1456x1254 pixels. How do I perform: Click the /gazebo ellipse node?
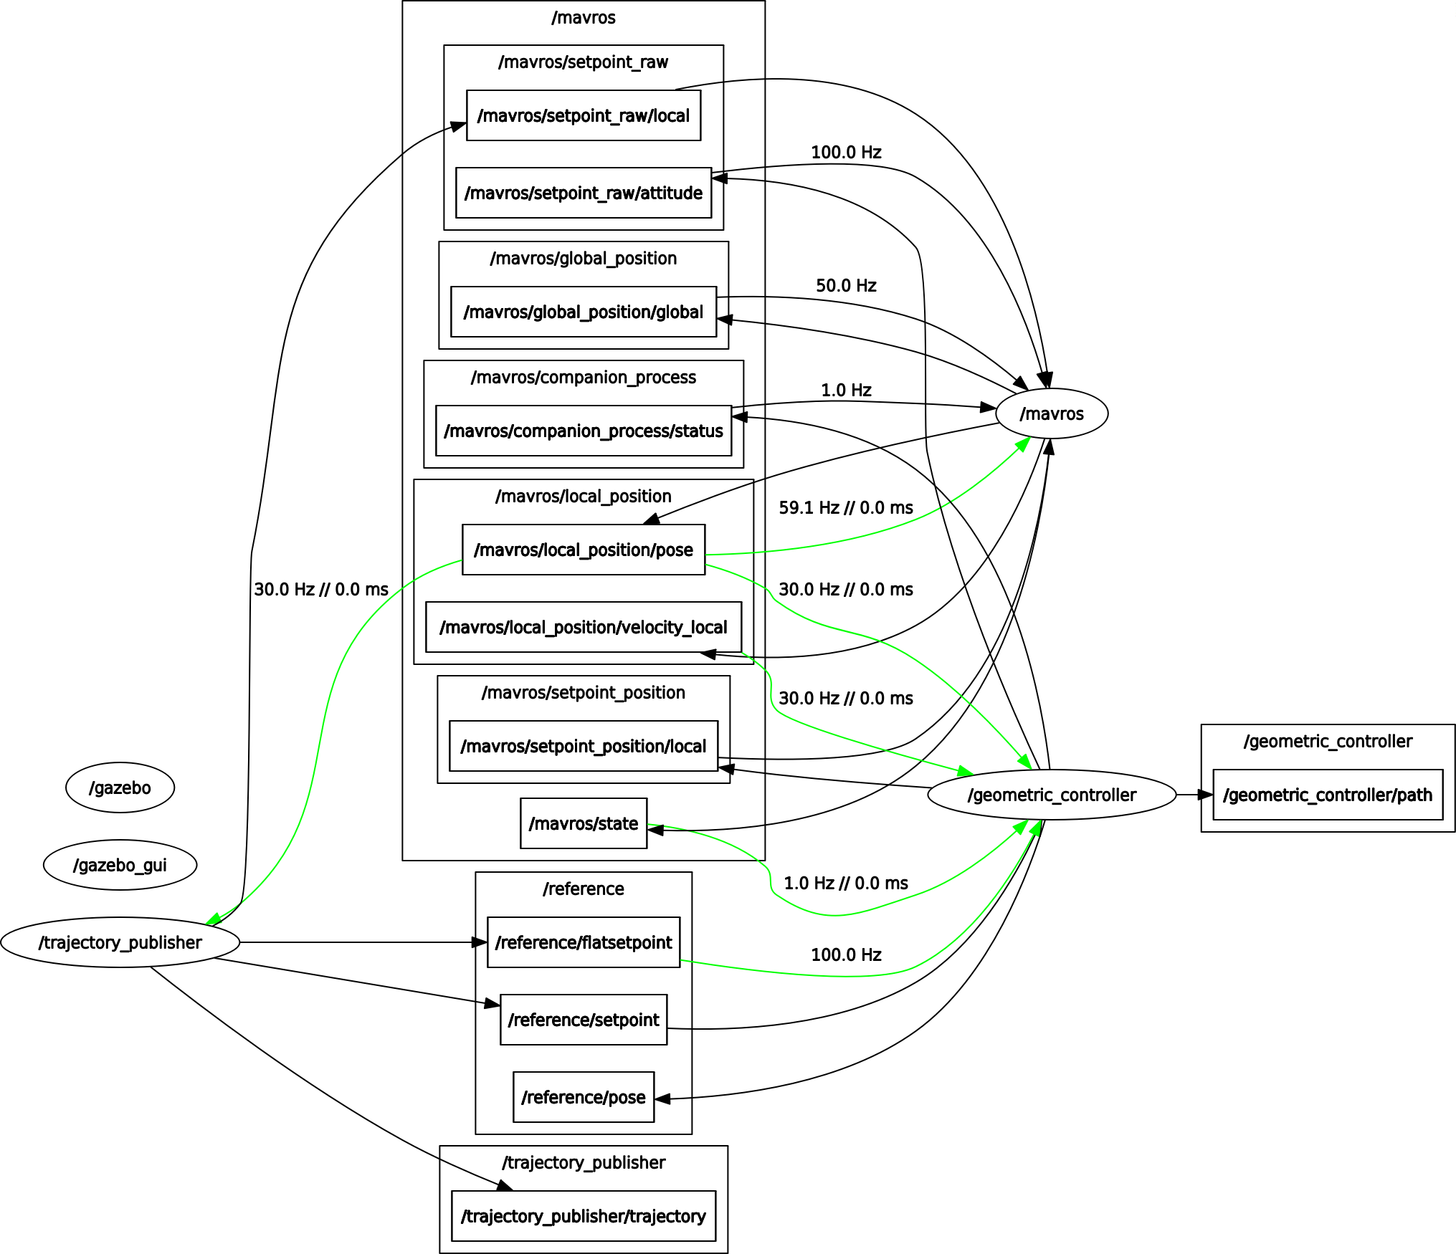[x=120, y=788]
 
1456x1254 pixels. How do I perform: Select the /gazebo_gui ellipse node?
[x=120, y=865]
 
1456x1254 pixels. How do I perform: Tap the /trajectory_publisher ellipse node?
[x=120, y=942]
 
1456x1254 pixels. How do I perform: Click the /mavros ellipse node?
[x=1052, y=413]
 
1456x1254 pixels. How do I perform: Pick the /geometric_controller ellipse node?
[x=1052, y=795]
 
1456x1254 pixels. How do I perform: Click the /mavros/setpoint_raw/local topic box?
[x=583, y=115]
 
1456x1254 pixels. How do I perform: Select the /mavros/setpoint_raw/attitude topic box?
[x=583, y=193]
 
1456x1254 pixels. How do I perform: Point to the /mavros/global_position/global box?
[x=583, y=312]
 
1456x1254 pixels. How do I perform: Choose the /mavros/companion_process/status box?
[x=583, y=431]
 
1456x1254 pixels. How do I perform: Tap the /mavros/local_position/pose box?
[x=583, y=550]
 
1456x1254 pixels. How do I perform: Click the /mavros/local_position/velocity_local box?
[x=583, y=627]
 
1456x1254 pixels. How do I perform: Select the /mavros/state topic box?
[x=583, y=823]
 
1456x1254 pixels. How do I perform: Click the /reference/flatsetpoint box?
[x=583, y=942]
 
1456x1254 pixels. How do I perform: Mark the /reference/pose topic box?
[x=583, y=1097]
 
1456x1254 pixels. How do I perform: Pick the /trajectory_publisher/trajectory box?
[x=583, y=1216]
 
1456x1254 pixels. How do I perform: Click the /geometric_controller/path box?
[x=1328, y=795]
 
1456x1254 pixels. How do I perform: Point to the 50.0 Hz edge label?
[x=846, y=286]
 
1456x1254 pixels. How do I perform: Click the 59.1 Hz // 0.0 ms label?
[x=846, y=508]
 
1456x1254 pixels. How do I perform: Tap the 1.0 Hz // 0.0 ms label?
[x=846, y=884]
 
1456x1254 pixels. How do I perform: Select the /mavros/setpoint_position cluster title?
[x=583, y=693]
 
